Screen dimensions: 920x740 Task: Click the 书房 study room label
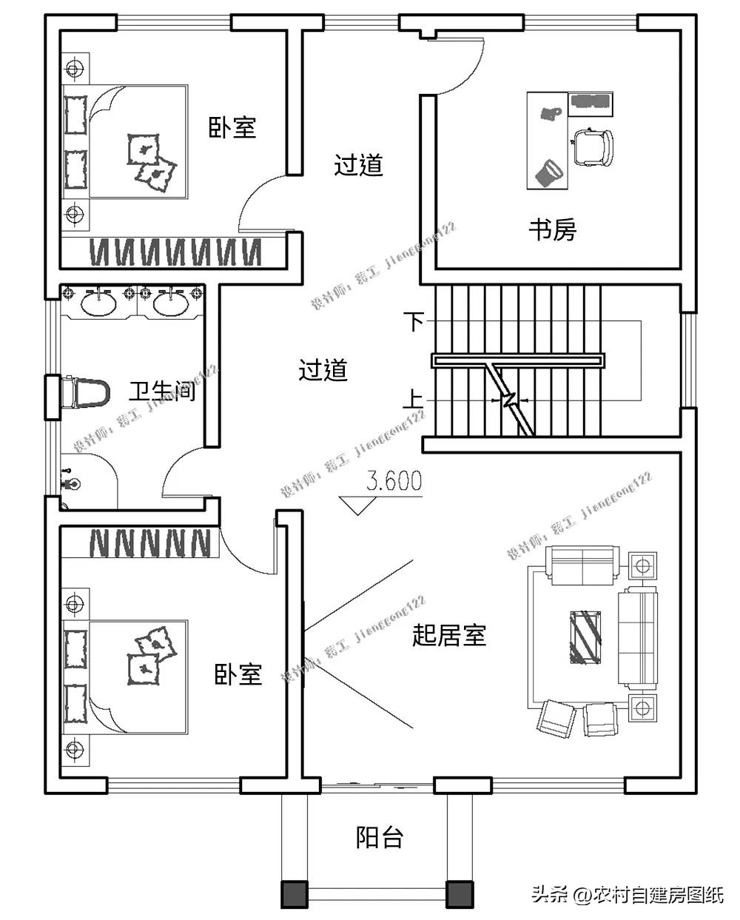coord(552,230)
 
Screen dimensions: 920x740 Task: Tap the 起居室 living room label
coord(448,635)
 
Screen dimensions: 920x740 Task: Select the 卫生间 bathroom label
coord(162,391)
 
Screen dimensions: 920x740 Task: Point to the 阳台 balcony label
coord(380,837)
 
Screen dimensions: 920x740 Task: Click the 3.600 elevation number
coord(394,482)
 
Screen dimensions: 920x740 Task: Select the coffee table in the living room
coord(587,635)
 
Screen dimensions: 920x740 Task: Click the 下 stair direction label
coord(414,321)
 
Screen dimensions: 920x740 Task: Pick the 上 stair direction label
coord(413,400)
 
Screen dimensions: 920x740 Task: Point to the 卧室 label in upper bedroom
coord(232,128)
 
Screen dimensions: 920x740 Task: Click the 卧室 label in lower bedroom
coord(238,674)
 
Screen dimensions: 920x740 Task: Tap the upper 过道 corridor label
coord(358,164)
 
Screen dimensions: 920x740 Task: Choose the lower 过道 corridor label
coord(323,370)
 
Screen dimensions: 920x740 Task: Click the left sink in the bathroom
coord(98,302)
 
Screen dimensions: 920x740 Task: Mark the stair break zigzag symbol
coord(509,400)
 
